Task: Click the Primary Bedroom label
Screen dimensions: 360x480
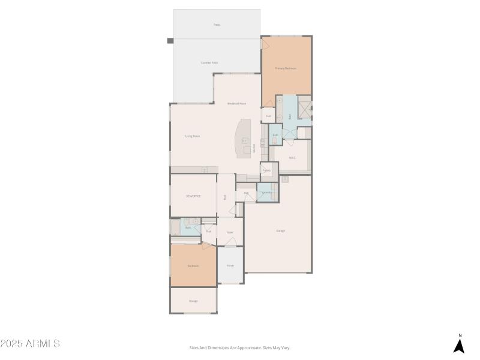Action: [x=286, y=68]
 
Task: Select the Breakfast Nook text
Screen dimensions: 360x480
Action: [x=236, y=104]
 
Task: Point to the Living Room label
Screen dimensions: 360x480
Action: [x=192, y=136]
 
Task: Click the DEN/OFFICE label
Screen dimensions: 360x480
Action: [x=193, y=196]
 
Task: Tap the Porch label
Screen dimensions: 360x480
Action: [x=230, y=266]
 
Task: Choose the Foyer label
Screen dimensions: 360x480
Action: [x=229, y=232]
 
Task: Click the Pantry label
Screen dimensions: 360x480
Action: [x=266, y=170]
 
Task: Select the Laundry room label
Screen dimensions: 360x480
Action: [x=266, y=193]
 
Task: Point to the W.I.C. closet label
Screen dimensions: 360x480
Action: [x=292, y=158]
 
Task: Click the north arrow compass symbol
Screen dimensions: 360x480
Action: [x=459, y=346]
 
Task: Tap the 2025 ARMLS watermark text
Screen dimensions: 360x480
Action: [x=30, y=344]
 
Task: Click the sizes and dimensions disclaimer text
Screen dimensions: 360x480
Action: [x=240, y=347]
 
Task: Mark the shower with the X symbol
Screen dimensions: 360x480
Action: [x=304, y=110]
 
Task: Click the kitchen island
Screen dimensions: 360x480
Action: [x=244, y=139]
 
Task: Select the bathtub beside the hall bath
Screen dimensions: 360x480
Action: [x=175, y=227]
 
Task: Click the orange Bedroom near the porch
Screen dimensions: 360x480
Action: [x=193, y=265]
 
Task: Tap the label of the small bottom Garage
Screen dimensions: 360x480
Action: [x=193, y=301]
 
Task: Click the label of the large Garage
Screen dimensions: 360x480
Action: [x=280, y=231]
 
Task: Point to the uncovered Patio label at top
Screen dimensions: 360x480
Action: [x=217, y=25]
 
